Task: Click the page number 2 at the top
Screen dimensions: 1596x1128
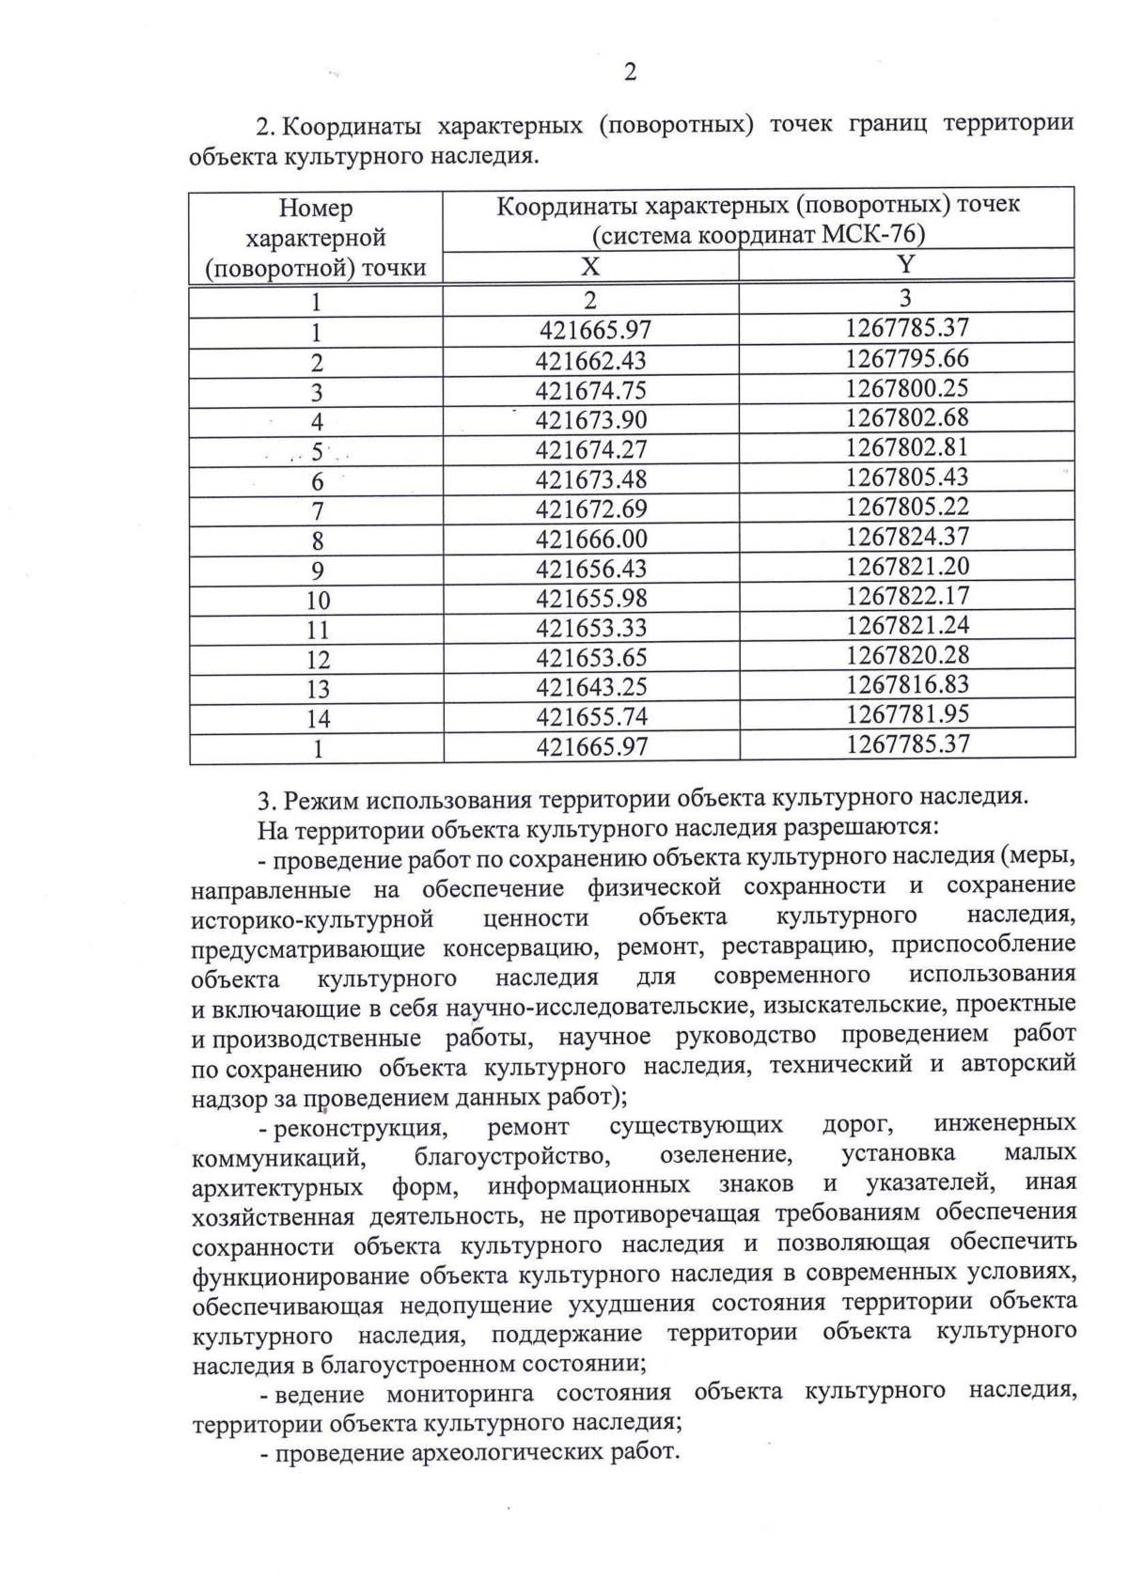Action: pos(630,72)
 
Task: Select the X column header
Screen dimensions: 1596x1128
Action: pos(590,267)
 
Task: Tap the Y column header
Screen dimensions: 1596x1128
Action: pos(906,265)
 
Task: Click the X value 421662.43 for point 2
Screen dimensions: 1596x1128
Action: pos(591,361)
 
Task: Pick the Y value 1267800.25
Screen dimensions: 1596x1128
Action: pos(907,388)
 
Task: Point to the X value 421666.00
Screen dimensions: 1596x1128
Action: pos(591,540)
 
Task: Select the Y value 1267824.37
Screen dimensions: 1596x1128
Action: pos(907,537)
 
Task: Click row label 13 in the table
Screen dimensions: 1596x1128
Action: pos(318,689)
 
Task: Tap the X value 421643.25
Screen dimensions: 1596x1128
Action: pos(591,688)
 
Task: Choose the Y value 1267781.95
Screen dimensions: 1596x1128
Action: pos(907,714)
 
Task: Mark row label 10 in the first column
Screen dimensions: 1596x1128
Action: pos(318,600)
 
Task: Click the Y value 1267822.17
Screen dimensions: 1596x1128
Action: pos(907,596)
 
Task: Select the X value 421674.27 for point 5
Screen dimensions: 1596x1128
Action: pos(591,449)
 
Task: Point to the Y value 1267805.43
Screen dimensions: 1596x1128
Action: pos(907,477)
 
